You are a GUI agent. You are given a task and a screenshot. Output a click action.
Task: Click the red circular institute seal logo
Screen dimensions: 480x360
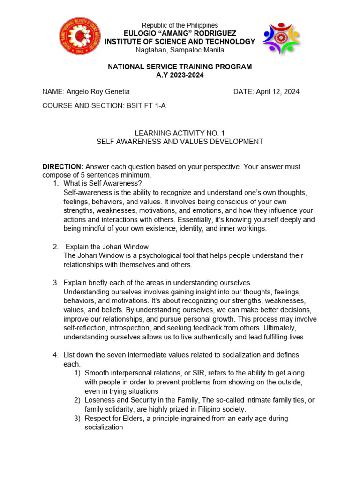tap(80, 36)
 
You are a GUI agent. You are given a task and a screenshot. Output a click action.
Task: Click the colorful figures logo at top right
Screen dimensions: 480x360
tap(281, 38)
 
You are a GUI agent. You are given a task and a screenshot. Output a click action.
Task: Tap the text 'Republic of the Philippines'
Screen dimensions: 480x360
tap(180, 25)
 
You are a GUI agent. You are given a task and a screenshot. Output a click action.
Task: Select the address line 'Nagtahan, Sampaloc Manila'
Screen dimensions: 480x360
tap(180, 50)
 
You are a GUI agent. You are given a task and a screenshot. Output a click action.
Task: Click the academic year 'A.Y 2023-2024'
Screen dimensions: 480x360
tap(180, 75)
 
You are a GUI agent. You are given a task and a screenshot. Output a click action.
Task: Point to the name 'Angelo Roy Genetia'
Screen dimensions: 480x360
tap(98, 92)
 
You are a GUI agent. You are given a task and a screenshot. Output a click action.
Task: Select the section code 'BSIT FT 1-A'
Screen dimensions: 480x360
tap(146, 106)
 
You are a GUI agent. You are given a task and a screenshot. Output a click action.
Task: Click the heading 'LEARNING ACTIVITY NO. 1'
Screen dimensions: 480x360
tap(180, 133)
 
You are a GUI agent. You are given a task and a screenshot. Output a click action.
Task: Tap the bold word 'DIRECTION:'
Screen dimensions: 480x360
tap(63, 167)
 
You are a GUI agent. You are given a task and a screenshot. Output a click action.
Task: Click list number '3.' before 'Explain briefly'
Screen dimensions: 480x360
tap(55, 283)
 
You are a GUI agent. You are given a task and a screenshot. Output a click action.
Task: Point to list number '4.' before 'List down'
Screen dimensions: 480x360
tap(55, 355)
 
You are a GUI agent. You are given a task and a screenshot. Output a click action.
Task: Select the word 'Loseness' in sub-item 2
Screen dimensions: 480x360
tap(99, 400)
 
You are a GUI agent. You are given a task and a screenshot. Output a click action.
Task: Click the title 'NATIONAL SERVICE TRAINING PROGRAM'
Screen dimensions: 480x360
tap(180, 67)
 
